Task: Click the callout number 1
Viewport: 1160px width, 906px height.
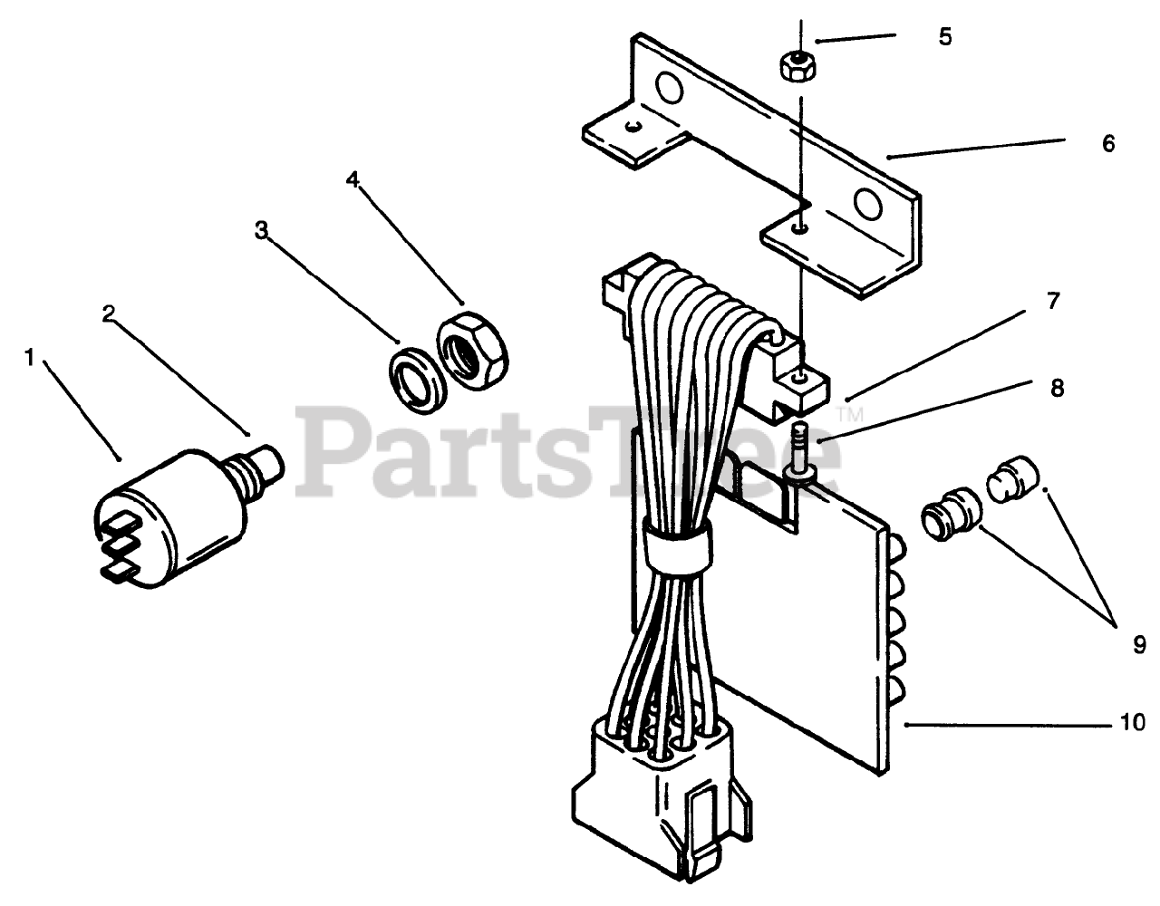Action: click(30, 359)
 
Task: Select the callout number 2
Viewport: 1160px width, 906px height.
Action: click(109, 314)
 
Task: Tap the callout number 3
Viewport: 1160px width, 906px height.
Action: click(261, 230)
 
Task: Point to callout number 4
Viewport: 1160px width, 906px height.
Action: click(353, 179)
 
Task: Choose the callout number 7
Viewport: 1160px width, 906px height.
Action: click(1052, 302)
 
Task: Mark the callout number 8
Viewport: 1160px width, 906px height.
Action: click(1056, 389)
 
